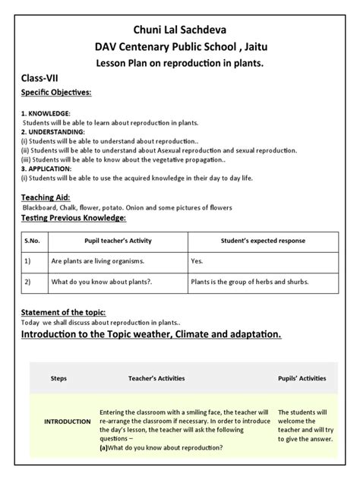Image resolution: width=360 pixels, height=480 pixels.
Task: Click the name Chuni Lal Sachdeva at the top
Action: click(x=179, y=29)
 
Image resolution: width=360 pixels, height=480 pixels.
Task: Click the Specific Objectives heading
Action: click(x=56, y=93)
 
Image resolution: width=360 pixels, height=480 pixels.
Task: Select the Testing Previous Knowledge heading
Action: click(x=74, y=218)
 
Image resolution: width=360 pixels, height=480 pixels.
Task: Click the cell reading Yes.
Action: click(x=197, y=261)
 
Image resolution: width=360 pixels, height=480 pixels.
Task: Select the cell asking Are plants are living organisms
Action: click(x=97, y=261)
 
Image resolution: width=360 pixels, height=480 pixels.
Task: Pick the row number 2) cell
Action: click(x=27, y=281)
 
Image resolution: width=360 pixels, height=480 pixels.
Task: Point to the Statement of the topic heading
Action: click(x=63, y=313)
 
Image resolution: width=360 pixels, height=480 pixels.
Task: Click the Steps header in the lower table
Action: click(x=58, y=377)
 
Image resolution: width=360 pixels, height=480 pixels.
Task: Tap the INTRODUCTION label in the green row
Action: click(x=68, y=421)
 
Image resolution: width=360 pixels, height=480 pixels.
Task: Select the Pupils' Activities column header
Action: click(x=302, y=377)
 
